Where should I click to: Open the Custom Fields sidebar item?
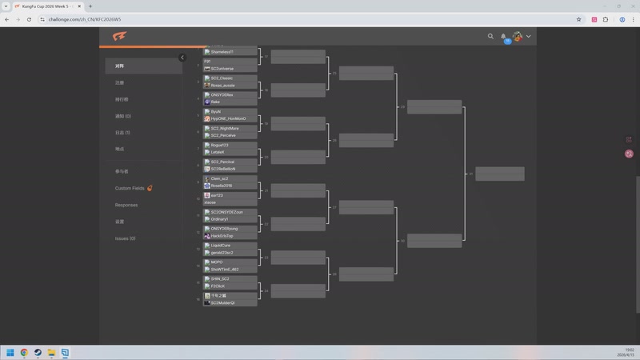click(130, 188)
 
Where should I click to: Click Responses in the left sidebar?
click(126, 205)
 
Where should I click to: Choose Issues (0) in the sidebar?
click(125, 238)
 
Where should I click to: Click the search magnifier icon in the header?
click(491, 36)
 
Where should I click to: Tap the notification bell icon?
click(503, 36)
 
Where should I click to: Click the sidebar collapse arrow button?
click(182, 58)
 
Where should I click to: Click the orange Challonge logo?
click(119, 36)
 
